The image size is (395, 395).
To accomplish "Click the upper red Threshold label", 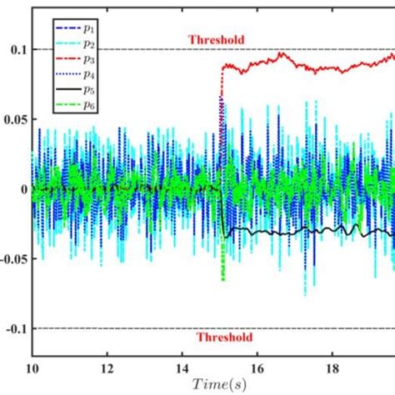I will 217,38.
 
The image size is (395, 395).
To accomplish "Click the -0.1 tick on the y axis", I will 16,329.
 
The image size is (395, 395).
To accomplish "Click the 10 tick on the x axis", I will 32,367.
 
